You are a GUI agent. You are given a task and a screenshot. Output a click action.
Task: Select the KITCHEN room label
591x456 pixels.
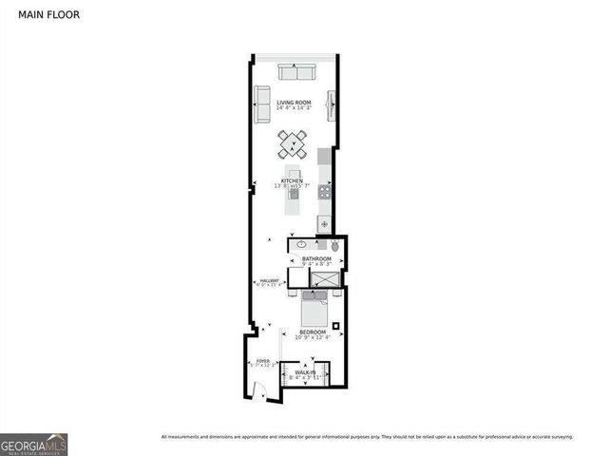[291, 182]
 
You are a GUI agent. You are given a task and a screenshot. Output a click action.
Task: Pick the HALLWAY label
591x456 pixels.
[269, 282]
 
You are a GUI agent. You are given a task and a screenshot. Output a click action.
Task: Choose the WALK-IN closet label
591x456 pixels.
[306, 374]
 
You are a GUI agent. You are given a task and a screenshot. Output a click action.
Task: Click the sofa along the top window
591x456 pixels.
[297, 73]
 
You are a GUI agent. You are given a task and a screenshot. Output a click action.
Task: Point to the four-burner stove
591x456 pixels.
[324, 191]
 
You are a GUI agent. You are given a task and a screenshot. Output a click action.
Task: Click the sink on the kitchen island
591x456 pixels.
[294, 194]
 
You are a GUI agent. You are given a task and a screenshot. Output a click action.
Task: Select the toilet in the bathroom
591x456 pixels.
[334, 245]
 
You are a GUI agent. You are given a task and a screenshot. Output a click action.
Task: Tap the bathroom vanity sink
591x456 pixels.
[296, 245]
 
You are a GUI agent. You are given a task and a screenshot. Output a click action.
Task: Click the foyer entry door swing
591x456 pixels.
[260, 390]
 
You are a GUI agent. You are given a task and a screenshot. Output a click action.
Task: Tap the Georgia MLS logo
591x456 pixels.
[33, 444]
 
